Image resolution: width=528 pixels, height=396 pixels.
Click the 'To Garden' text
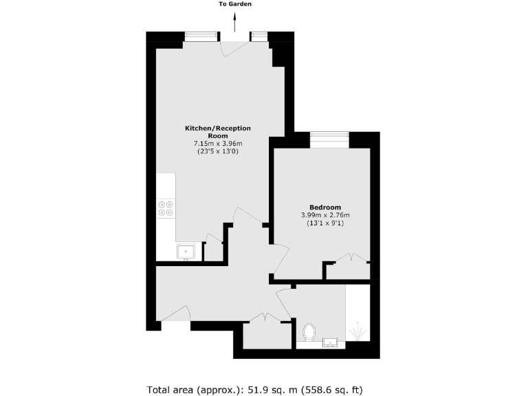pos(235,4)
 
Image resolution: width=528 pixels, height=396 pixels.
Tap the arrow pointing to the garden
pos(235,23)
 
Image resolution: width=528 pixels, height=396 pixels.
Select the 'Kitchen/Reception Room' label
pos(218,132)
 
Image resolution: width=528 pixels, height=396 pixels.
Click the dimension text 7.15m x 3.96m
pos(218,143)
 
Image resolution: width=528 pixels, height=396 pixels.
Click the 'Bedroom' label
pos(325,208)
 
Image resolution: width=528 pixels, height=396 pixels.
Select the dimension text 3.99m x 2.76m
pos(325,216)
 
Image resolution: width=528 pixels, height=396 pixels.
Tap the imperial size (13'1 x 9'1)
pos(325,224)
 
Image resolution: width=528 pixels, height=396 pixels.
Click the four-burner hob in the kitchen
pos(165,208)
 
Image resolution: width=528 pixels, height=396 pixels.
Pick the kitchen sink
pos(186,252)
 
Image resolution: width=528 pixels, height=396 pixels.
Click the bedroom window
pos(329,140)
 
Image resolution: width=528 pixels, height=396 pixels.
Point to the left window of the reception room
pos(201,37)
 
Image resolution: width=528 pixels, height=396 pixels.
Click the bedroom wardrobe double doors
pos(350,260)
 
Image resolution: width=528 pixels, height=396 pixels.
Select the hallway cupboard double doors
pos(266,318)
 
